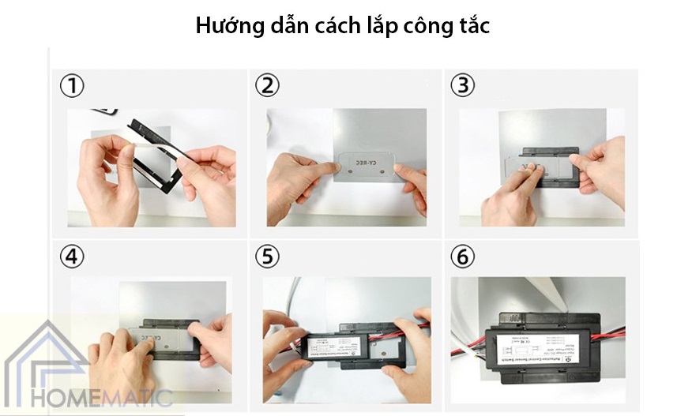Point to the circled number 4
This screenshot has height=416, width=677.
point(73,257)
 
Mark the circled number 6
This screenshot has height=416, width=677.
point(463,257)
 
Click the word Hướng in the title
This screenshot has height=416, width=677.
point(225,26)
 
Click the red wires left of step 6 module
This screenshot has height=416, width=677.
point(470,347)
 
